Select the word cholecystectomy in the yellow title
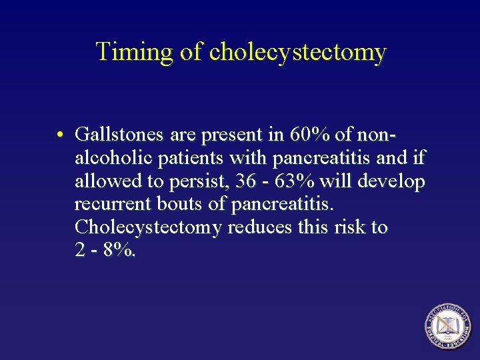point(297,52)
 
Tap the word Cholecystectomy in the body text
point(149,227)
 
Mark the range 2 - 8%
point(105,250)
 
